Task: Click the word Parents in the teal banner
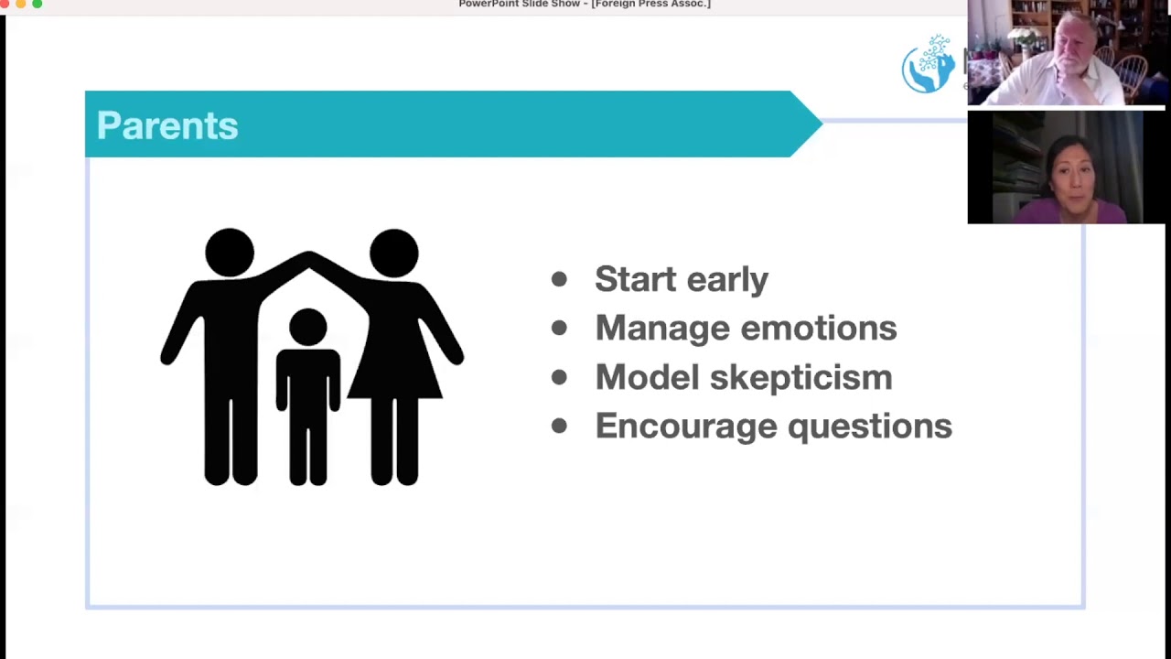point(167,125)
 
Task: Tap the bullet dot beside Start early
point(559,279)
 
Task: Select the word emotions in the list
point(819,329)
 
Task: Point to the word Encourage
point(686,427)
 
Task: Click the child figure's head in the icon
point(308,328)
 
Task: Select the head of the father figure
point(230,253)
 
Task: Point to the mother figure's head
point(393,254)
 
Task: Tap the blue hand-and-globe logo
point(929,64)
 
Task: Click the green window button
point(38,4)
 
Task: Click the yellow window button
point(21,4)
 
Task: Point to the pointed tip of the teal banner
point(822,124)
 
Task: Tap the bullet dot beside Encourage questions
point(559,426)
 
